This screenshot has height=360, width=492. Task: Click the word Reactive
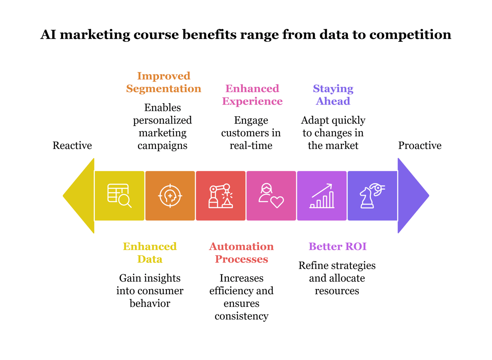click(72, 146)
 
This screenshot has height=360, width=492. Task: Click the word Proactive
click(420, 146)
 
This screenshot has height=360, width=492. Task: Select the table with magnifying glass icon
click(119, 196)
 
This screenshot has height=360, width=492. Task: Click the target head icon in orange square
click(170, 196)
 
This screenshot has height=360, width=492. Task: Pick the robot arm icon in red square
click(220, 196)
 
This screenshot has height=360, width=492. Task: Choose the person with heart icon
click(271, 196)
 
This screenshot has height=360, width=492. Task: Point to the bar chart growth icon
click(322, 196)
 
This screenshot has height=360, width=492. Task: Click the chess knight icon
click(372, 196)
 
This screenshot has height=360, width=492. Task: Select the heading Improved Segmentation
click(164, 82)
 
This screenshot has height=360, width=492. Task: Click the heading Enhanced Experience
click(252, 95)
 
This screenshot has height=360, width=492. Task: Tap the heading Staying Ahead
click(333, 95)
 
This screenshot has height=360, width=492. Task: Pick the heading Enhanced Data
click(150, 253)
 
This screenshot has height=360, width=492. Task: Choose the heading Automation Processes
click(241, 253)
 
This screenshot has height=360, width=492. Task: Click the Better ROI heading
click(337, 246)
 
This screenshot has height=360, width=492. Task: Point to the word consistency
click(241, 316)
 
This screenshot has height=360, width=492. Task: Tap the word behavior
click(150, 304)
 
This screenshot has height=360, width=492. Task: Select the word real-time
click(251, 146)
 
